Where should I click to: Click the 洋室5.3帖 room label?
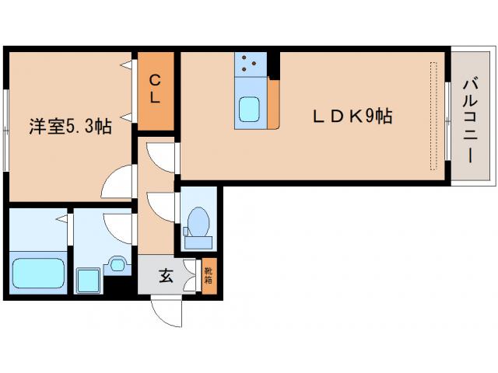[70, 126]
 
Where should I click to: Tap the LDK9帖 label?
[352, 116]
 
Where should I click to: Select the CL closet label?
[155, 89]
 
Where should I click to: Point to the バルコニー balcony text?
[470, 121]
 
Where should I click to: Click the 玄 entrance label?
[166, 275]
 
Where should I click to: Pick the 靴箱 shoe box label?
[209, 275]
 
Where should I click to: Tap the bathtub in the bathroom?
[38, 273]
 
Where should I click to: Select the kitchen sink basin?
[249, 110]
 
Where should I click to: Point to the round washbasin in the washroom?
[117, 264]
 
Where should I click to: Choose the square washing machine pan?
[88, 281]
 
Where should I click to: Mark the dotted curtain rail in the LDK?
[433, 116]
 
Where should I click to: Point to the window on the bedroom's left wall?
[5, 131]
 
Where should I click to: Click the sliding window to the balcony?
[448, 121]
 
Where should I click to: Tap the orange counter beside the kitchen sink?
[273, 105]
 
